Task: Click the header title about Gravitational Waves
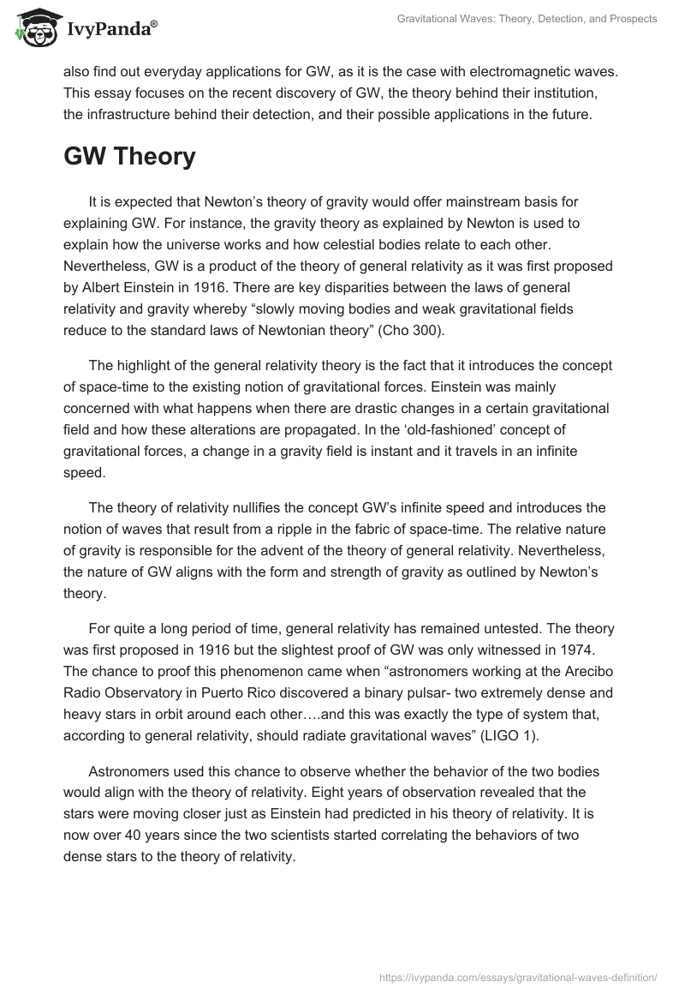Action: coord(527,19)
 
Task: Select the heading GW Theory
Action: coord(129,158)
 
